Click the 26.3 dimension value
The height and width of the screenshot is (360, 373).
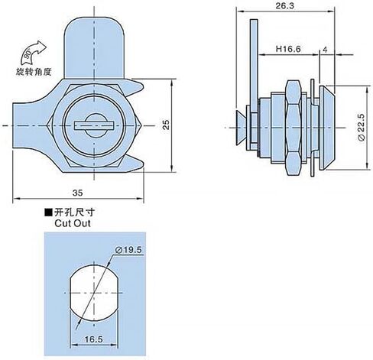[x=284, y=6]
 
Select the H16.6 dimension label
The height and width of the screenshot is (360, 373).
[x=288, y=49]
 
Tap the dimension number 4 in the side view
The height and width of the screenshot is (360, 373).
[x=325, y=50]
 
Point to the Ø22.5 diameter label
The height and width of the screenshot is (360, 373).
[x=362, y=127]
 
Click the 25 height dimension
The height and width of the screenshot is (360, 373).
[x=166, y=125]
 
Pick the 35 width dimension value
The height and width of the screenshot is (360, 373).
[x=77, y=193]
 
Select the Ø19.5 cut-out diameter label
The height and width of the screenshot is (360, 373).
[x=128, y=250]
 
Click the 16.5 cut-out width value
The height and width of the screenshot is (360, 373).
[x=93, y=339]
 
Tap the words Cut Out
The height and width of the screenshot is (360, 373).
[x=73, y=223]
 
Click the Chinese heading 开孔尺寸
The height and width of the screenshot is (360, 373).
[x=74, y=212]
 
